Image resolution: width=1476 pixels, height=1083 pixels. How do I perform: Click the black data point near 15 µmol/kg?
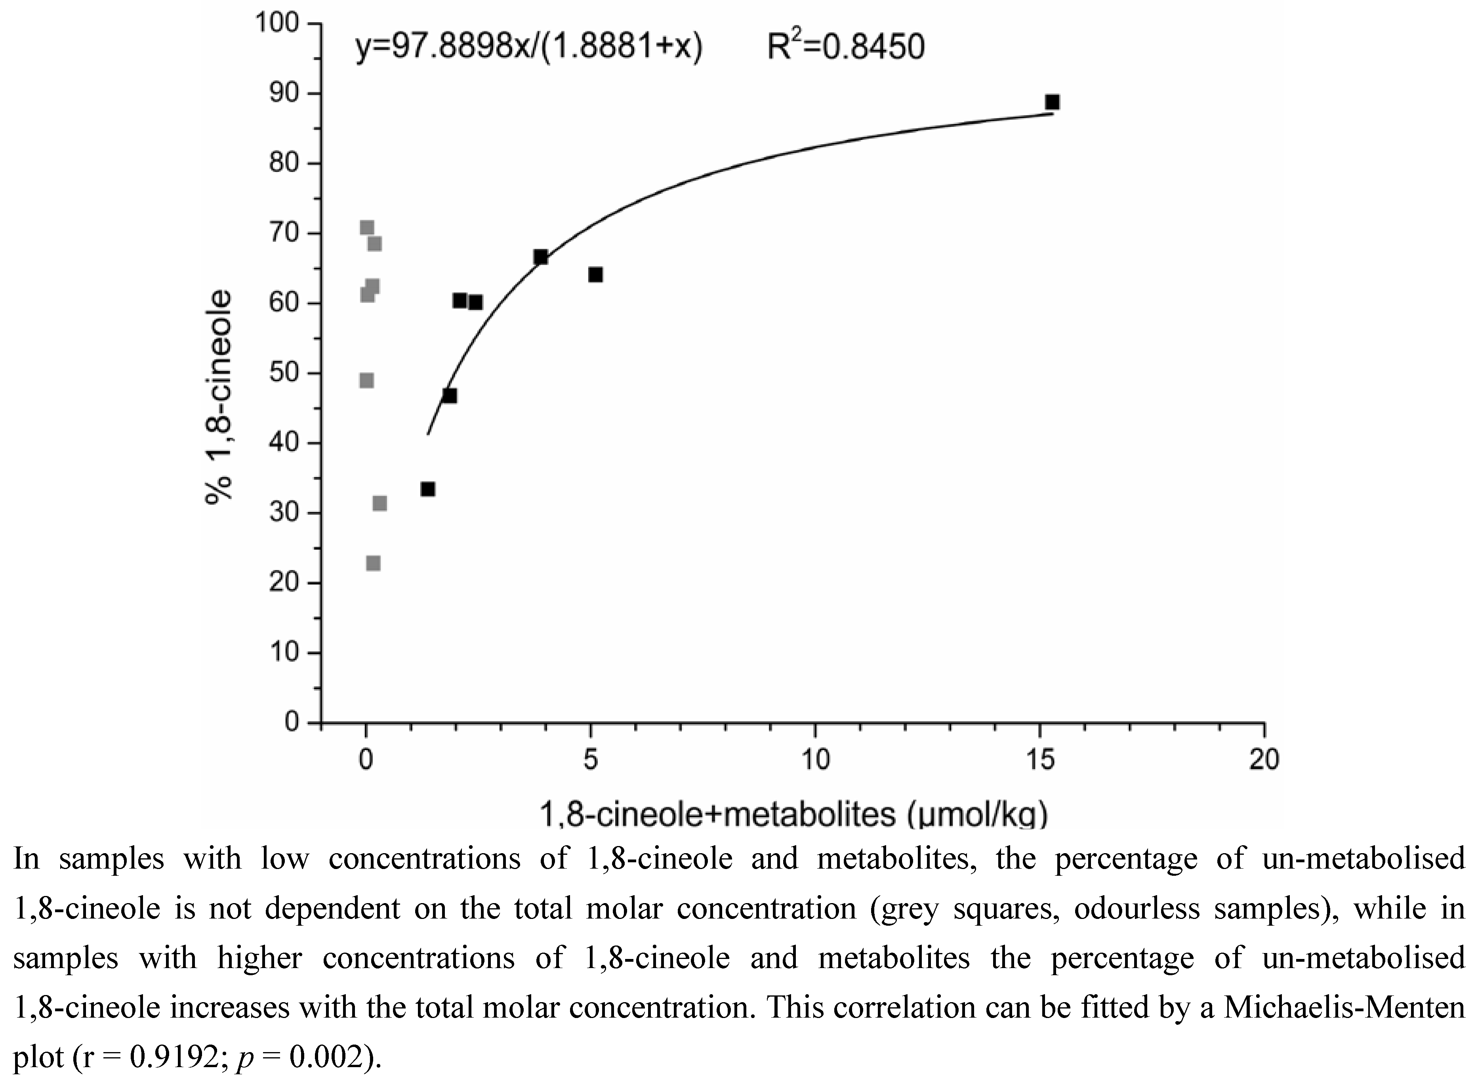[x=1052, y=102]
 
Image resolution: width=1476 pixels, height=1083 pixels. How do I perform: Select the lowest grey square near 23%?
[x=373, y=563]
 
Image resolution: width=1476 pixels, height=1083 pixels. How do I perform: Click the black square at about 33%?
[x=427, y=489]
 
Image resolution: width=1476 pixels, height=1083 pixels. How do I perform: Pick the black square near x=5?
[x=595, y=275]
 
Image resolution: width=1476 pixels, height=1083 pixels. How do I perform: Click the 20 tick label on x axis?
[x=1264, y=760]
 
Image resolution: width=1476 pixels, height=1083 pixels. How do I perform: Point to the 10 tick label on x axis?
[x=815, y=760]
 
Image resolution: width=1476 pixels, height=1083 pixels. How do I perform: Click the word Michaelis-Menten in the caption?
[x=1344, y=1007]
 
